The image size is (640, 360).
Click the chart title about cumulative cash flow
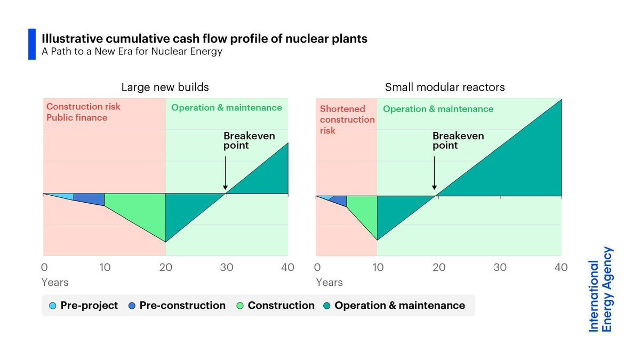(x=204, y=39)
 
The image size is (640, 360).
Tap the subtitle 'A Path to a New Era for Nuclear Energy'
(x=132, y=52)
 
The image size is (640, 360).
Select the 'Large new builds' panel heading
(x=165, y=87)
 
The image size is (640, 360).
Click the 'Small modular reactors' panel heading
(x=444, y=87)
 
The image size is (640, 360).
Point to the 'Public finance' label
(x=77, y=118)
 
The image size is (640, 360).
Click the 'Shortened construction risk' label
(x=347, y=119)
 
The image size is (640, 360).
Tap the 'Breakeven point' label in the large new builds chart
(x=249, y=140)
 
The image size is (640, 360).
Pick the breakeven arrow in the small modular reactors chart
(x=434, y=171)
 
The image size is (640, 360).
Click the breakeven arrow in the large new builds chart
(x=225, y=171)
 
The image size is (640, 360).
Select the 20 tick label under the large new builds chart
(x=166, y=267)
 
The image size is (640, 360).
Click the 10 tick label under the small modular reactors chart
(x=378, y=267)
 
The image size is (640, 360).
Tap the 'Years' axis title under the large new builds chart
(x=55, y=282)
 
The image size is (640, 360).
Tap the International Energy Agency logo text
(x=601, y=290)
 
